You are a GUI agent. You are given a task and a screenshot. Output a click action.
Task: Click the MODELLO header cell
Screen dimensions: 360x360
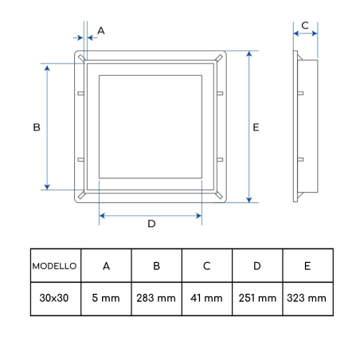(x=54, y=266)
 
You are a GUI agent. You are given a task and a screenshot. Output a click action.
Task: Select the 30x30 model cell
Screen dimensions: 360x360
(x=54, y=298)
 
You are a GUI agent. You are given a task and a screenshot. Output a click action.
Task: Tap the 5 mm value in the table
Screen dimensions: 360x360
(x=106, y=298)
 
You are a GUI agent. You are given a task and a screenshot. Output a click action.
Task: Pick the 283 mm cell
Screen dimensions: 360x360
(x=156, y=298)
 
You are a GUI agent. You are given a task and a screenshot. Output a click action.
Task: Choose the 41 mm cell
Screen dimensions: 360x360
(x=206, y=298)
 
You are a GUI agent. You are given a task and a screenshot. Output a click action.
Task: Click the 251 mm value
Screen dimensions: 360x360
(x=257, y=298)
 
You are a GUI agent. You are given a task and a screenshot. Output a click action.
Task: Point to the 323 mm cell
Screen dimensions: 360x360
(x=307, y=298)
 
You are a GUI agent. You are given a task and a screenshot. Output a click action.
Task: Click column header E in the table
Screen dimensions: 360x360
(x=307, y=266)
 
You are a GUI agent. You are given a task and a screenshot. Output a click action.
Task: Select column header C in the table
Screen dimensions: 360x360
(x=207, y=266)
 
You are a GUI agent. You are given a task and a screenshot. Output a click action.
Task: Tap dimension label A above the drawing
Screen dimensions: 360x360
(x=101, y=31)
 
